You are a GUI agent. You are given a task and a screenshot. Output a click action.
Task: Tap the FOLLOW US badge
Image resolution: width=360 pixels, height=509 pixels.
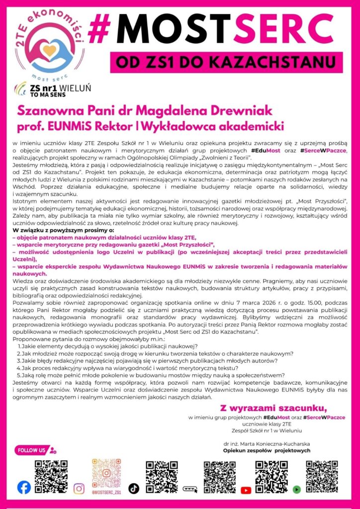coord(33,450)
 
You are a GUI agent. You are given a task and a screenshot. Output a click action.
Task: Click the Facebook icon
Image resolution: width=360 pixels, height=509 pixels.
coord(24,488)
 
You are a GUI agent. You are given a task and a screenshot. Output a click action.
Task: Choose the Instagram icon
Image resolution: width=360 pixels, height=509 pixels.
coord(79,488)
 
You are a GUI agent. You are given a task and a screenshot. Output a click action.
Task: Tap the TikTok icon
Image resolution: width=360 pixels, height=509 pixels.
coord(133,488)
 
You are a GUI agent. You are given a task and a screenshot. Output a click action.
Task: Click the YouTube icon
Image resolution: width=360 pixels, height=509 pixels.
coord(246,490)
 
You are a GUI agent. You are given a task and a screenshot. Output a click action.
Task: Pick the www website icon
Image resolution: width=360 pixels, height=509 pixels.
coord(190,489)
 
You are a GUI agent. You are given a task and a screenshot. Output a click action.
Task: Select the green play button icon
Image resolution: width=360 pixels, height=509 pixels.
coord(297,489)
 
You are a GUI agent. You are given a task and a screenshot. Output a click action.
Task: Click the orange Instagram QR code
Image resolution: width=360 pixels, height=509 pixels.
coord(106,472)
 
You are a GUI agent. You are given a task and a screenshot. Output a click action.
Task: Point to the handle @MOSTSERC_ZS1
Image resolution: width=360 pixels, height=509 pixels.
coord(106,492)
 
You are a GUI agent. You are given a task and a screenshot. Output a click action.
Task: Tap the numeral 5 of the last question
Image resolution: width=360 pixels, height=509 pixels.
coord(18,375)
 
